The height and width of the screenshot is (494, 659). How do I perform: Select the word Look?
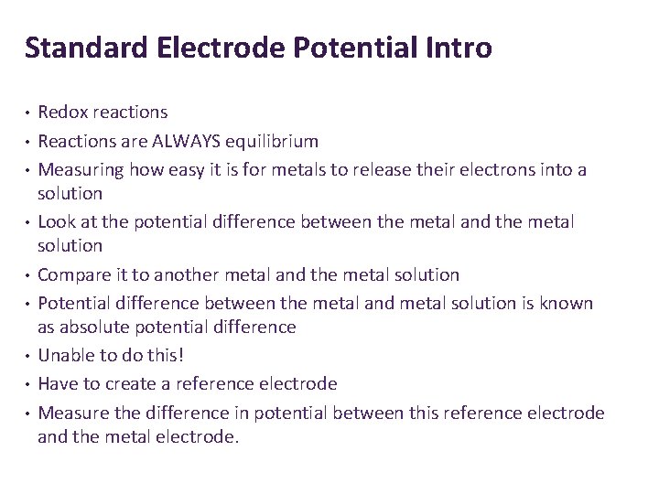coord(56,221)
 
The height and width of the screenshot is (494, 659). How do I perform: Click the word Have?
coord(57,384)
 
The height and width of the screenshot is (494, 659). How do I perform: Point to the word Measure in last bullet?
coord(72,413)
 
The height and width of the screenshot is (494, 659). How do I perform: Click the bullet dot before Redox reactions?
coord(28,113)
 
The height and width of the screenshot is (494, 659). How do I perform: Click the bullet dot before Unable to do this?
coord(28,356)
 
